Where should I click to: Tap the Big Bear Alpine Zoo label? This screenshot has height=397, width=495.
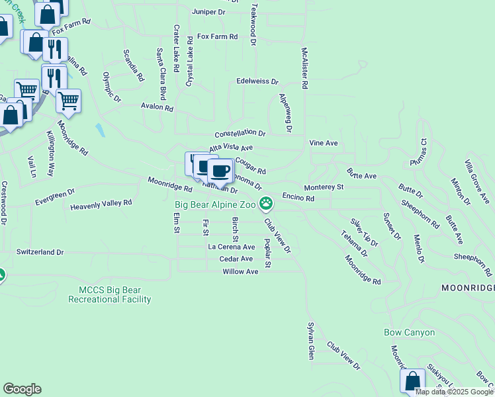pyautogui.click(x=214, y=204)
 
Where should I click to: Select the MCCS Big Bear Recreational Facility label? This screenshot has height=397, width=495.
pyautogui.click(x=110, y=294)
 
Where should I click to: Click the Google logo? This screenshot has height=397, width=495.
pyautogui.click(x=22, y=389)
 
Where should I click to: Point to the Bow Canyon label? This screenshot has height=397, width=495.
pyautogui.click(x=410, y=332)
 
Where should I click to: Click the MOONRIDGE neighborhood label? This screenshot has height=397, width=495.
pyautogui.click(x=467, y=288)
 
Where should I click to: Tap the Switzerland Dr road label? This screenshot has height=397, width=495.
pyautogui.click(x=40, y=252)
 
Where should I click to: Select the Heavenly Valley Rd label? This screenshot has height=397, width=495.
pyautogui.click(x=101, y=205)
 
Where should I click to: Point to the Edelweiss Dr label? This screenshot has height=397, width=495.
pyautogui.click(x=257, y=81)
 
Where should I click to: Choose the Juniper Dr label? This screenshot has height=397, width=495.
pyautogui.click(x=208, y=13)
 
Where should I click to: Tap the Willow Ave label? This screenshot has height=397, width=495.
pyautogui.click(x=240, y=271)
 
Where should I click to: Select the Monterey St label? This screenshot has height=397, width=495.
pyautogui.click(x=324, y=187)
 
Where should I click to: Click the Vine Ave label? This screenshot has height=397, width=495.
pyautogui.click(x=323, y=143)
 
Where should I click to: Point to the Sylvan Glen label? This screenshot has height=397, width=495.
pyautogui.click(x=310, y=341)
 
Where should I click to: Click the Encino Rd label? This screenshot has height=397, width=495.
pyautogui.click(x=298, y=198)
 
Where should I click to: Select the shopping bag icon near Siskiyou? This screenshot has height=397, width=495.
pyautogui.click(x=412, y=382)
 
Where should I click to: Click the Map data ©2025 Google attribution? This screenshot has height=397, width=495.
pyautogui.click(x=455, y=392)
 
